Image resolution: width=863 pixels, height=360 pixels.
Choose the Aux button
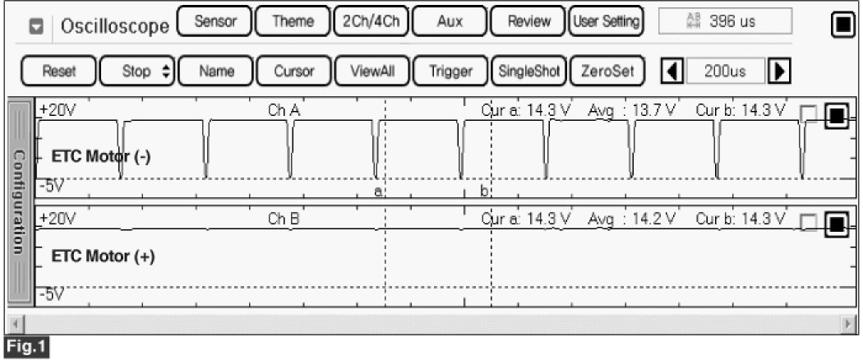(x=449, y=22)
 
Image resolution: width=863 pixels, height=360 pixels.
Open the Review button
(x=528, y=22)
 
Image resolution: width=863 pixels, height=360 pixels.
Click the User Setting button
(x=607, y=22)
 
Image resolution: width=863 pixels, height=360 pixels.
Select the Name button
(x=215, y=72)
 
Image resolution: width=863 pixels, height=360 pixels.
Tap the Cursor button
(x=293, y=72)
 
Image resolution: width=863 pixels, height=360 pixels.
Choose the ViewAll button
(x=372, y=72)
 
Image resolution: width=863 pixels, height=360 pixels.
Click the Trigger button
(x=450, y=72)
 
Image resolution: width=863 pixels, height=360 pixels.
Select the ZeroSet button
(x=607, y=72)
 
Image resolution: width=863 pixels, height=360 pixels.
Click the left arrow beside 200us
(x=671, y=72)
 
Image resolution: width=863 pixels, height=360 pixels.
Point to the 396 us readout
(x=725, y=22)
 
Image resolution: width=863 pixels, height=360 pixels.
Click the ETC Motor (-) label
(x=100, y=157)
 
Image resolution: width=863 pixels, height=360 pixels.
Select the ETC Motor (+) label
(x=103, y=256)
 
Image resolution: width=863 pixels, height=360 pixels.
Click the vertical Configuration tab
(x=19, y=201)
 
